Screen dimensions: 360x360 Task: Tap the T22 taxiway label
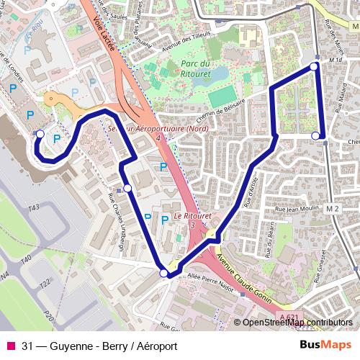(44, 283)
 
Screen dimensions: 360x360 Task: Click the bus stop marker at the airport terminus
(40, 134)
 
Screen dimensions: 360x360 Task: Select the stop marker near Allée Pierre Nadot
(164, 273)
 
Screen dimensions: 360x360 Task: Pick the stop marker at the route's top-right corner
(314, 67)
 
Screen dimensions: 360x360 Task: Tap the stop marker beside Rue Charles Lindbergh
(127, 188)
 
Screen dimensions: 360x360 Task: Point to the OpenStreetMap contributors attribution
(297, 323)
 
